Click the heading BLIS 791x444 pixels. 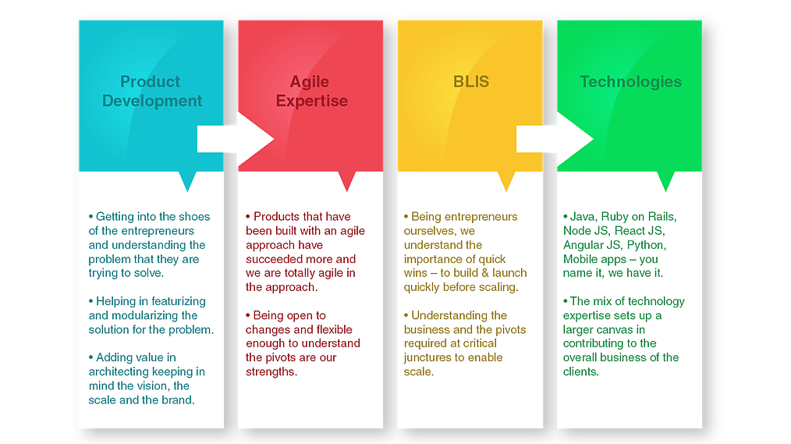click(x=471, y=81)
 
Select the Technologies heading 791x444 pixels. click(x=630, y=81)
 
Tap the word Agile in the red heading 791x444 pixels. click(x=310, y=81)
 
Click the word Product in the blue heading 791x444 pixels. click(x=150, y=81)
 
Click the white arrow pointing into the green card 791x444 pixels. click(x=555, y=139)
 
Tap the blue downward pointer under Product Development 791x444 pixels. click(x=187, y=181)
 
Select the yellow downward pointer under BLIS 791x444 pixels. click(x=506, y=181)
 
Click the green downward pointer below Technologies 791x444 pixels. click(x=665, y=181)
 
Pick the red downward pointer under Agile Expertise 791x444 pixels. click(x=347, y=181)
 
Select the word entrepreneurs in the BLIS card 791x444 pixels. click(x=481, y=217)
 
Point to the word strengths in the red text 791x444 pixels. click(x=271, y=371)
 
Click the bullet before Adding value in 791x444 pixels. click(x=90, y=357)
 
